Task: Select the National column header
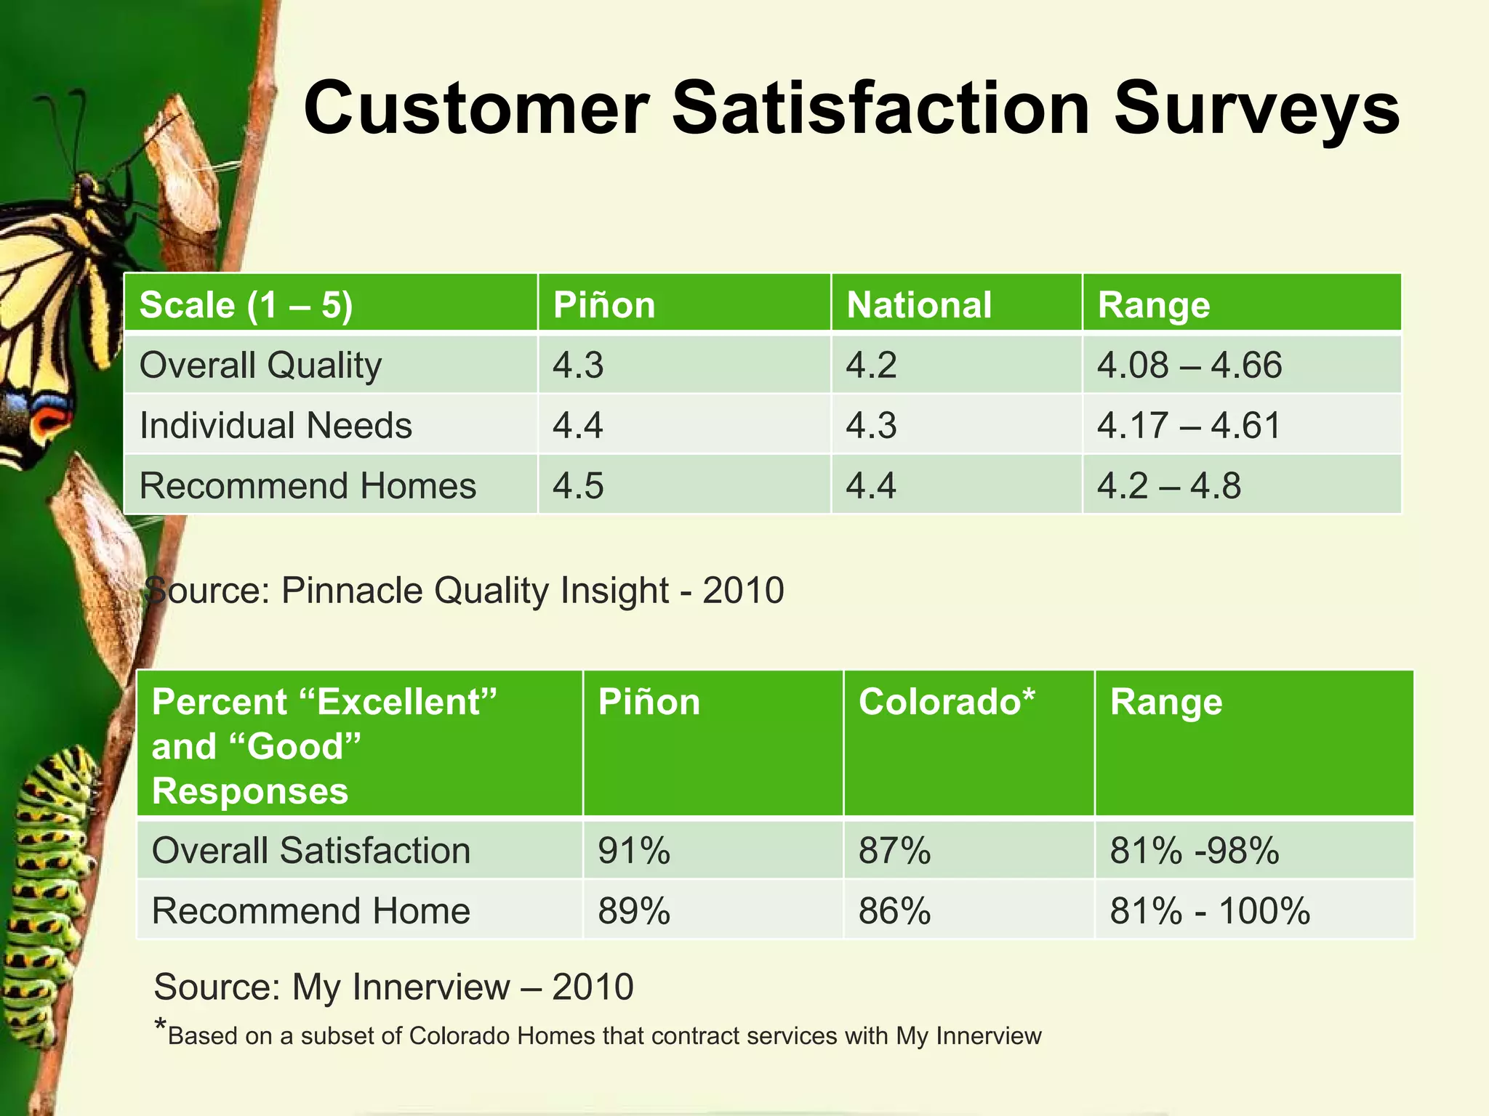pyautogui.click(x=919, y=304)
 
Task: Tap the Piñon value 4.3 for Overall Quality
pyautogui.click(x=578, y=365)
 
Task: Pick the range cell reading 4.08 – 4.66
pyautogui.click(x=1189, y=365)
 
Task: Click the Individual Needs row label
pyautogui.click(x=276, y=425)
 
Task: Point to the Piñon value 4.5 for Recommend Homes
pyautogui.click(x=578, y=485)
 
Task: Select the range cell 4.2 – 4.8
pyautogui.click(x=1168, y=485)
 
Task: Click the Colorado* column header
pyautogui.click(x=946, y=702)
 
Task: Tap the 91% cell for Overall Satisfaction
pyautogui.click(x=633, y=850)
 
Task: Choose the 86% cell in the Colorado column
pyautogui.click(x=894, y=910)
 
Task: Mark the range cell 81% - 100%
pyautogui.click(x=1210, y=910)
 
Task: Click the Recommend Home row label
pyautogui.click(x=311, y=910)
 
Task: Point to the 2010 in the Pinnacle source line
pyautogui.click(x=743, y=590)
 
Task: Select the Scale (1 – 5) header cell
pyautogui.click(x=246, y=304)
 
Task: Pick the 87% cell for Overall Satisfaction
pyautogui.click(x=894, y=850)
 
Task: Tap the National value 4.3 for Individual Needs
pyautogui.click(x=871, y=425)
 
